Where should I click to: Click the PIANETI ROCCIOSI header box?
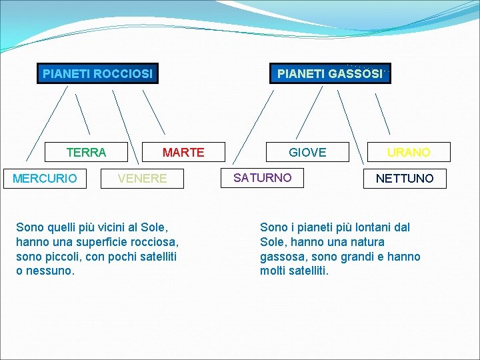pos(97,73)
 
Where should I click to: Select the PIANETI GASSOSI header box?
pos(330,73)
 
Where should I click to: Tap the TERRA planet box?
pos(86,153)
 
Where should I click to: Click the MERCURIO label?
pos(45,179)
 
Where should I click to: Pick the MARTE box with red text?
pos(183,153)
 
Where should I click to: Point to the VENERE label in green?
pos(142,179)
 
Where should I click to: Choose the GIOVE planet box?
pos(307,153)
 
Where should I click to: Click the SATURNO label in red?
pos(262,178)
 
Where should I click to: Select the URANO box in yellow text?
pos(409,153)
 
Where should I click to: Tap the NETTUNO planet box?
pos(405,179)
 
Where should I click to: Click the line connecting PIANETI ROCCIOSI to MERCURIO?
pos(47,123)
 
